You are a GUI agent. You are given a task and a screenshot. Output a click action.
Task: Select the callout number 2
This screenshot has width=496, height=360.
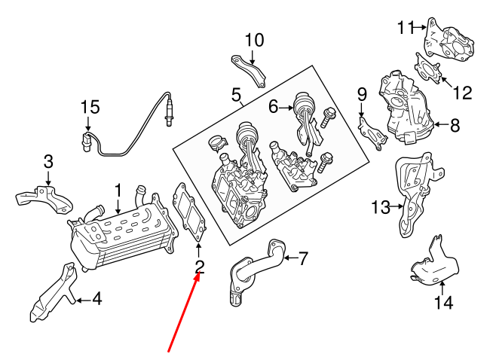[200, 265]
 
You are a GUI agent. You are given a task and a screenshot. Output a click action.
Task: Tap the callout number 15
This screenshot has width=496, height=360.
[90, 108]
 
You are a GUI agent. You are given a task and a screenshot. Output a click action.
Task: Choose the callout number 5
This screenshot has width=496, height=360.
[236, 96]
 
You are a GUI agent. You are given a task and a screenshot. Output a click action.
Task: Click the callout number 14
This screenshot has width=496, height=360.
[443, 303]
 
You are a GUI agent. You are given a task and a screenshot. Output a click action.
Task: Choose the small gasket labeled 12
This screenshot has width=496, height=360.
[428, 67]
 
